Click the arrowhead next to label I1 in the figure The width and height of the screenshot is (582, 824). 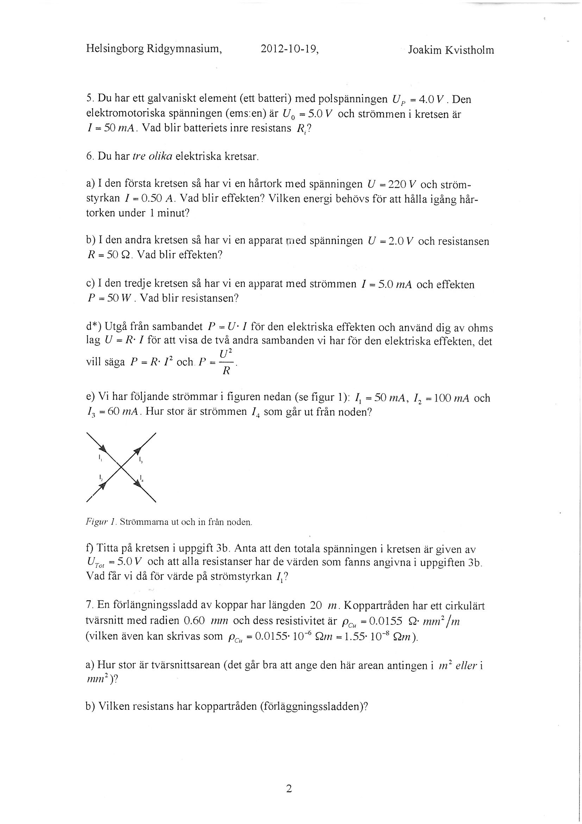(x=103, y=449)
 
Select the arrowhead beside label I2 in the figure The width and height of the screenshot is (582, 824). (x=103, y=485)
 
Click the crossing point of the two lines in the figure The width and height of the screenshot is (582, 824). (x=121, y=467)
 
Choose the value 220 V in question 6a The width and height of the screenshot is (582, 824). (x=399, y=184)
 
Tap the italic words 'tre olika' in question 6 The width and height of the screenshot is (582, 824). (x=152, y=156)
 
